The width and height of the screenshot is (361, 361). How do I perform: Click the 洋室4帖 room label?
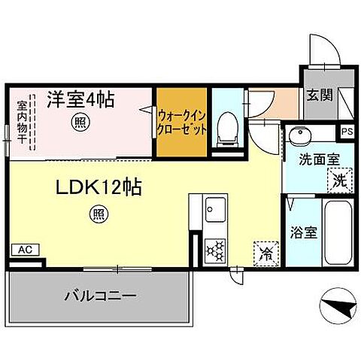[x=81, y=99]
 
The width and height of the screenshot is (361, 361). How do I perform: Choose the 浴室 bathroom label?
[x=302, y=232]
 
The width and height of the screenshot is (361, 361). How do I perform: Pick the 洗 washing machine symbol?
[x=339, y=180]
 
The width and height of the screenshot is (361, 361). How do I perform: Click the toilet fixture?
[x=225, y=129]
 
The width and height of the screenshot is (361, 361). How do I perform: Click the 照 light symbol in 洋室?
[x=79, y=121]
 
